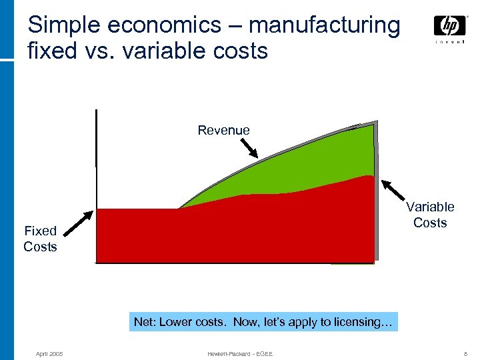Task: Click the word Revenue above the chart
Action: pyautogui.click(x=223, y=130)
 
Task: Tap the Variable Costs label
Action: pyautogui.click(x=430, y=215)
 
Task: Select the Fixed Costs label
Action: pyautogui.click(x=40, y=239)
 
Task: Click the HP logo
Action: pyautogui.click(x=449, y=26)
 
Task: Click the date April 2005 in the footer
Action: pyautogui.click(x=49, y=353)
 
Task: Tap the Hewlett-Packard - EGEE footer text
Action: pyautogui.click(x=239, y=353)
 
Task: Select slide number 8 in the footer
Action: pyautogui.click(x=464, y=353)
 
